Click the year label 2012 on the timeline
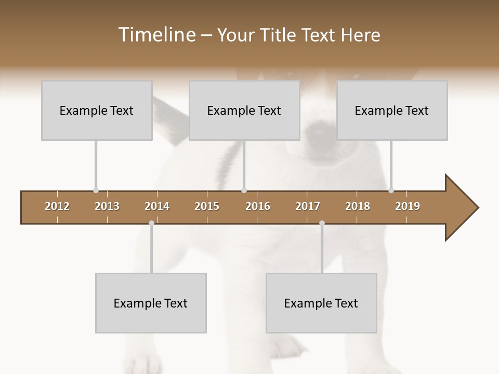point(57,206)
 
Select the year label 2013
point(107,206)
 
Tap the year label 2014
point(157,206)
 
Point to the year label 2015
point(207,206)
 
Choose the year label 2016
point(258,206)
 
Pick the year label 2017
point(308,206)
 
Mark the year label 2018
point(358,206)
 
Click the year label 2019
point(408,206)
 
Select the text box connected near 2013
point(97,110)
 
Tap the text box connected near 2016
point(244,110)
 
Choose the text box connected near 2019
point(392,110)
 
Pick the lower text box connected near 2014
point(151,303)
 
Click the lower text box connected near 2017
point(321,303)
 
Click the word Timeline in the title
point(156,35)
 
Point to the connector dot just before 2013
point(96,191)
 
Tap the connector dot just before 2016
point(244,191)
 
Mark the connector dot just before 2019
point(391,191)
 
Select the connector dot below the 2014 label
point(151,223)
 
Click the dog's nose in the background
point(318,133)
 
